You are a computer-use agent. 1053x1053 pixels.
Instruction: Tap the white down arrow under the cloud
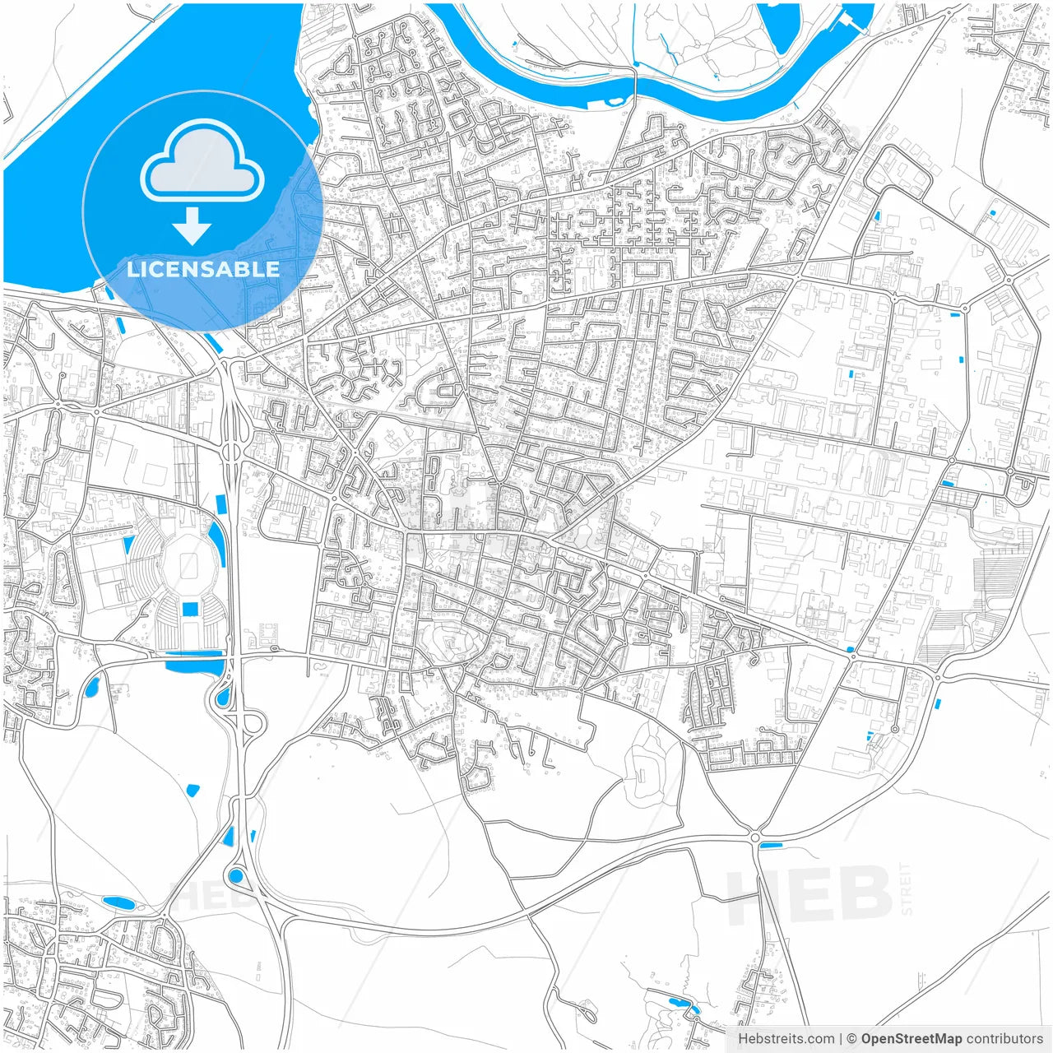193,225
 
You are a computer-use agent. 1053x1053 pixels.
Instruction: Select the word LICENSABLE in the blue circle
202,269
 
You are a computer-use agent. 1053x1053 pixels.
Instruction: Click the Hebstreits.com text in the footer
786,1039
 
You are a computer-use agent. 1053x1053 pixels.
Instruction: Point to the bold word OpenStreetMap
911,1039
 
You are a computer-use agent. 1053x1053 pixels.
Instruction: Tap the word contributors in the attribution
1004,1039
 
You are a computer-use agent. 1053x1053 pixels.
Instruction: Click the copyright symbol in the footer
851,1039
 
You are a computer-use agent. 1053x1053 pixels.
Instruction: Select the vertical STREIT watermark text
907,888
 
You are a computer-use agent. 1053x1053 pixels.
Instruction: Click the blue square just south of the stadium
190,609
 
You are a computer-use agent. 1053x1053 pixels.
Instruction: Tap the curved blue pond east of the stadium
218,543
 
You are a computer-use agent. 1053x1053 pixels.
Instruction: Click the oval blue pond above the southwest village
119,902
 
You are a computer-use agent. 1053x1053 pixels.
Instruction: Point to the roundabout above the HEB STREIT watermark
755,837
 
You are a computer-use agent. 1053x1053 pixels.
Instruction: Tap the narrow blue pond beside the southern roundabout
772,845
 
